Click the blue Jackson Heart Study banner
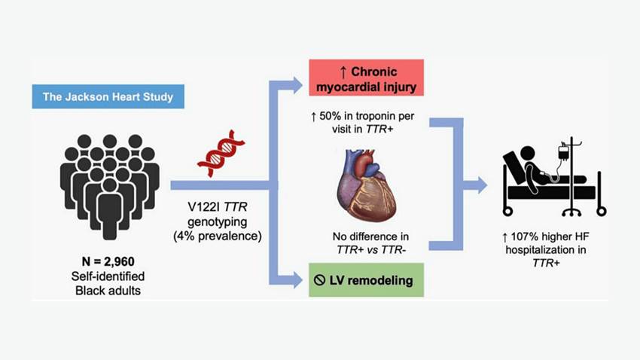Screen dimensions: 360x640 (x=108, y=97)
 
